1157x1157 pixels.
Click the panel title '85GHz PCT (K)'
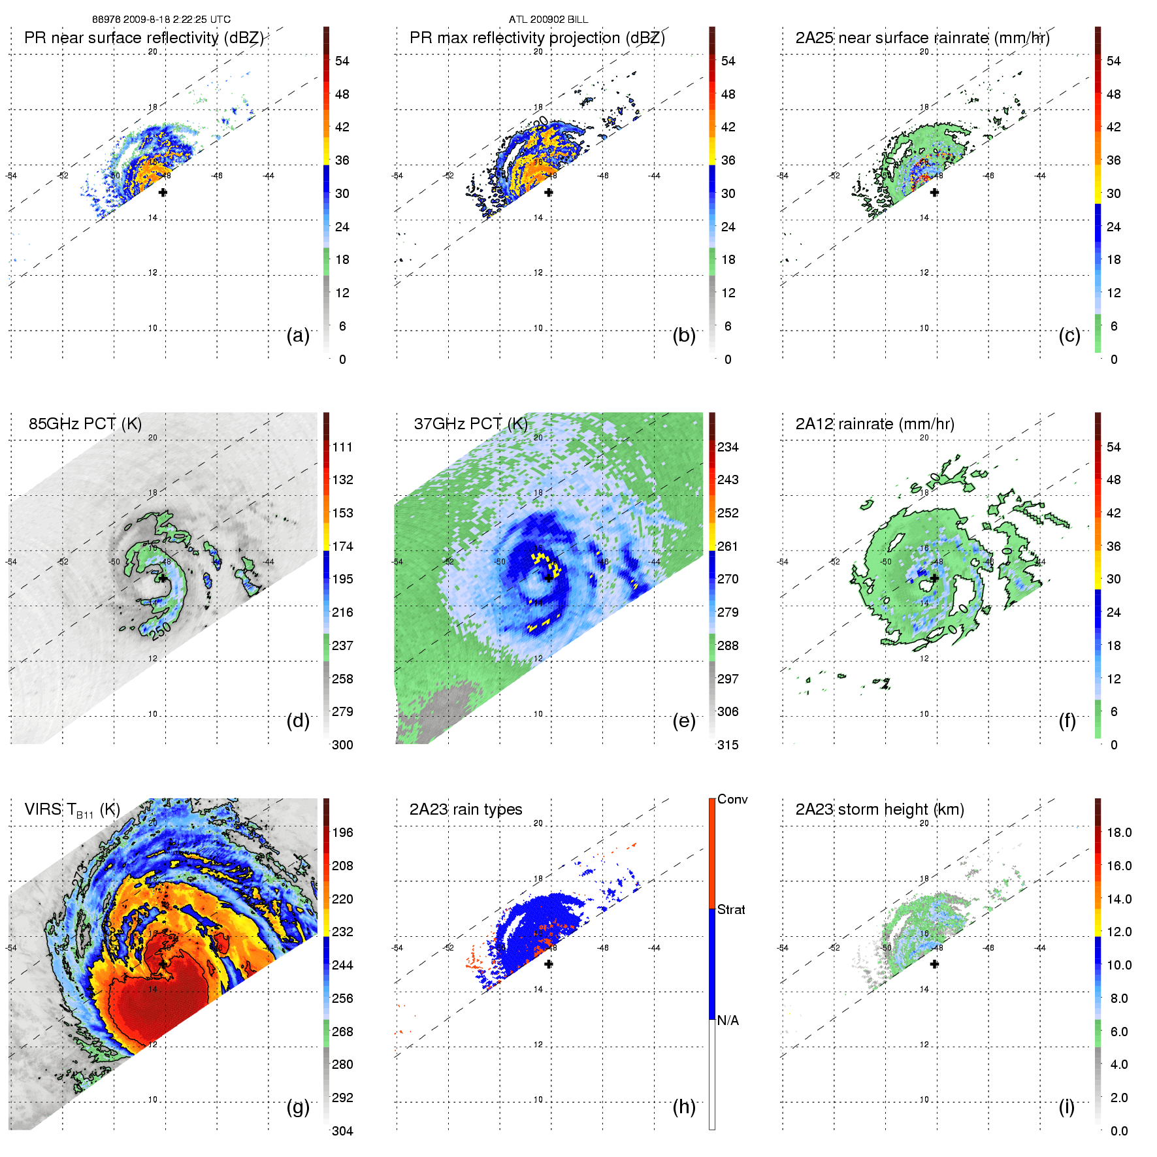coord(85,424)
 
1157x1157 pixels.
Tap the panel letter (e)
coord(683,721)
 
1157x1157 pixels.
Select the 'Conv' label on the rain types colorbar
coord(732,799)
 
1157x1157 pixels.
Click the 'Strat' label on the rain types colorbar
coord(731,909)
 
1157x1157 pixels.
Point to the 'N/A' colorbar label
coord(728,1020)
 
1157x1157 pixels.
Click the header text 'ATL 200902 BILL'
coord(548,20)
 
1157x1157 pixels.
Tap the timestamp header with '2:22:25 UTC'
coord(161,20)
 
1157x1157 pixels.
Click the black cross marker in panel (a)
coord(163,192)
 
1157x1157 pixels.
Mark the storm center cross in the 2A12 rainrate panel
coord(934,578)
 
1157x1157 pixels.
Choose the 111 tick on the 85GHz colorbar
coord(342,447)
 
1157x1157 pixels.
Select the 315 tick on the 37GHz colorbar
coord(728,745)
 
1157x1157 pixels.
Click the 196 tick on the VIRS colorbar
coord(342,832)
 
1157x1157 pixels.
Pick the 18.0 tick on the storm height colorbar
coord(1118,832)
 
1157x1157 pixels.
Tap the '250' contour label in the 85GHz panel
coord(160,631)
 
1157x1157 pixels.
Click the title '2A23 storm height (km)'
coord(879,809)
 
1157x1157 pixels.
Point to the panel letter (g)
coord(298,1107)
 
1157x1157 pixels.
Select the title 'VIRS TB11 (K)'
coord(72,810)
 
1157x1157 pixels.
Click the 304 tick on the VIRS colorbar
coord(342,1131)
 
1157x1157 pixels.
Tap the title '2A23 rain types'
coord(465,809)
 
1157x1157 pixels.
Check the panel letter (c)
coord(1069,335)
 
